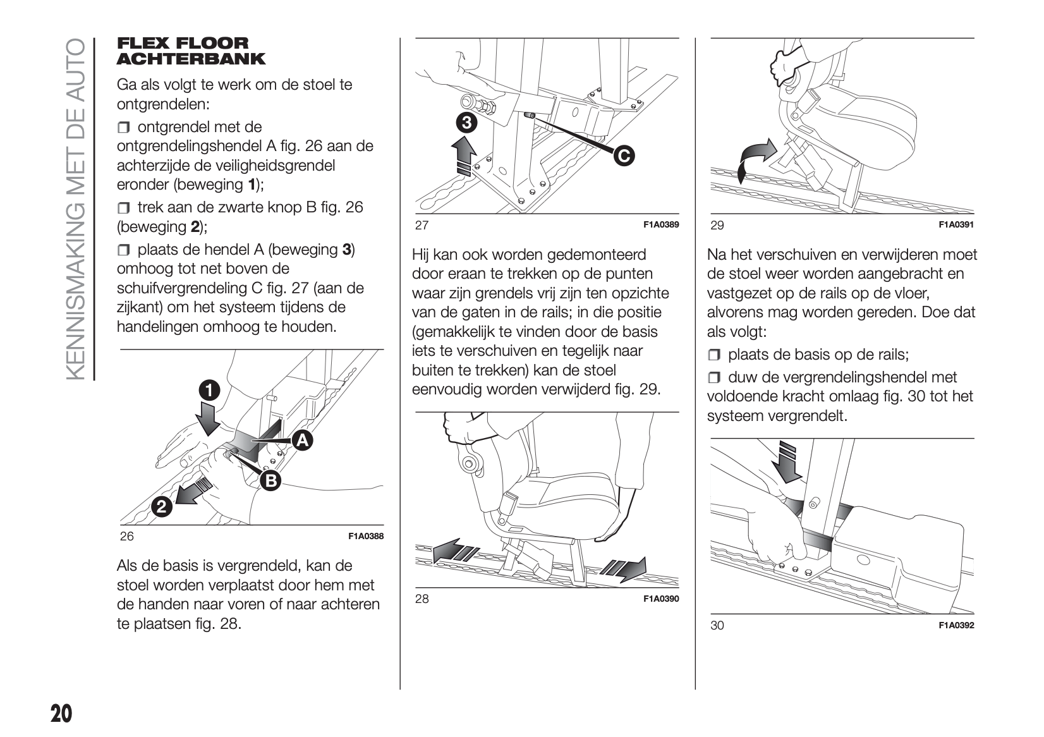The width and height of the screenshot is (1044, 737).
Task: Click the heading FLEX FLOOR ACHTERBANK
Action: click(191, 51)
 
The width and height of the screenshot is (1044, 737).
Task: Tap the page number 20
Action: click(61, 714)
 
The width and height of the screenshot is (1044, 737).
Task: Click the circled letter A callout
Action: click(302, 441)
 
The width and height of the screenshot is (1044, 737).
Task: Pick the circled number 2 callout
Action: click(161, 506)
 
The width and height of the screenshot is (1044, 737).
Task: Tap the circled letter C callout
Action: click(623, 155)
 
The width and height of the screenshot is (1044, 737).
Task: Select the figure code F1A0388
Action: click(366, 537)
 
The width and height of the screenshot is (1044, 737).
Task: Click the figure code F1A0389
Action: click(661, 225)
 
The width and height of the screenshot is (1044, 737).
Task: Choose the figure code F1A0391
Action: click(956, 225)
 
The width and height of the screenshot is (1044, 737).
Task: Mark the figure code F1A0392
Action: click(956, 626)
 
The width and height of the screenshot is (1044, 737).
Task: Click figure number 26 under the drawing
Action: click(127, 536)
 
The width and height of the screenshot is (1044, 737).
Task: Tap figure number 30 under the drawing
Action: click(717, 625)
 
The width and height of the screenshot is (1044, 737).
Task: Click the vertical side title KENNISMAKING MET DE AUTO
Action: click(74, 209)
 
